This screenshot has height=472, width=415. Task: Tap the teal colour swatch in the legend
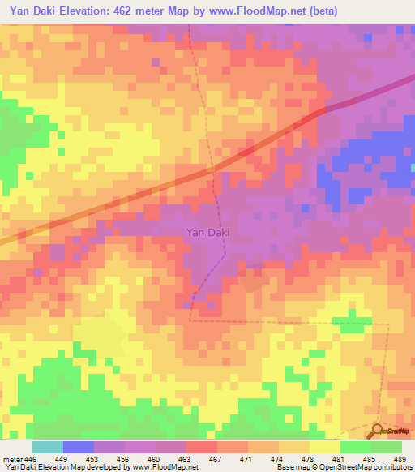48,447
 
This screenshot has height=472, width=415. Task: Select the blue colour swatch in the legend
79,447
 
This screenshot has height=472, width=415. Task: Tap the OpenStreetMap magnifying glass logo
378,431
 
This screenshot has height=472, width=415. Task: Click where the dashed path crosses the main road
213,168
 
